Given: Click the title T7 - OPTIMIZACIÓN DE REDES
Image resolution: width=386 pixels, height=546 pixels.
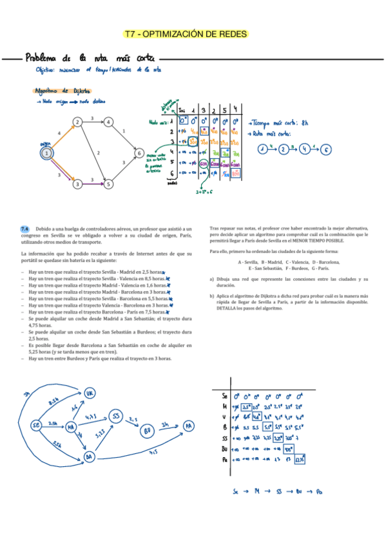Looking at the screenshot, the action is click(186, 34).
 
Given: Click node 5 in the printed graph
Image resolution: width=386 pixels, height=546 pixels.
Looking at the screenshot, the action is click(109, 184).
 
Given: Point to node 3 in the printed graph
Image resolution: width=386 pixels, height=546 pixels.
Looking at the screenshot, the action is click(77, 184).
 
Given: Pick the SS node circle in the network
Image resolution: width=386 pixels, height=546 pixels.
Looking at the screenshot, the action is click(116, 417).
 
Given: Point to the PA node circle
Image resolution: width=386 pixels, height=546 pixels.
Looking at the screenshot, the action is click(188, 426).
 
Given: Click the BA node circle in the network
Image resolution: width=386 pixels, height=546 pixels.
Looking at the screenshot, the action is click(89, 457).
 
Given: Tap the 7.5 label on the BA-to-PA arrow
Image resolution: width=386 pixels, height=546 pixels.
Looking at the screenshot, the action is click(153, 452).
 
